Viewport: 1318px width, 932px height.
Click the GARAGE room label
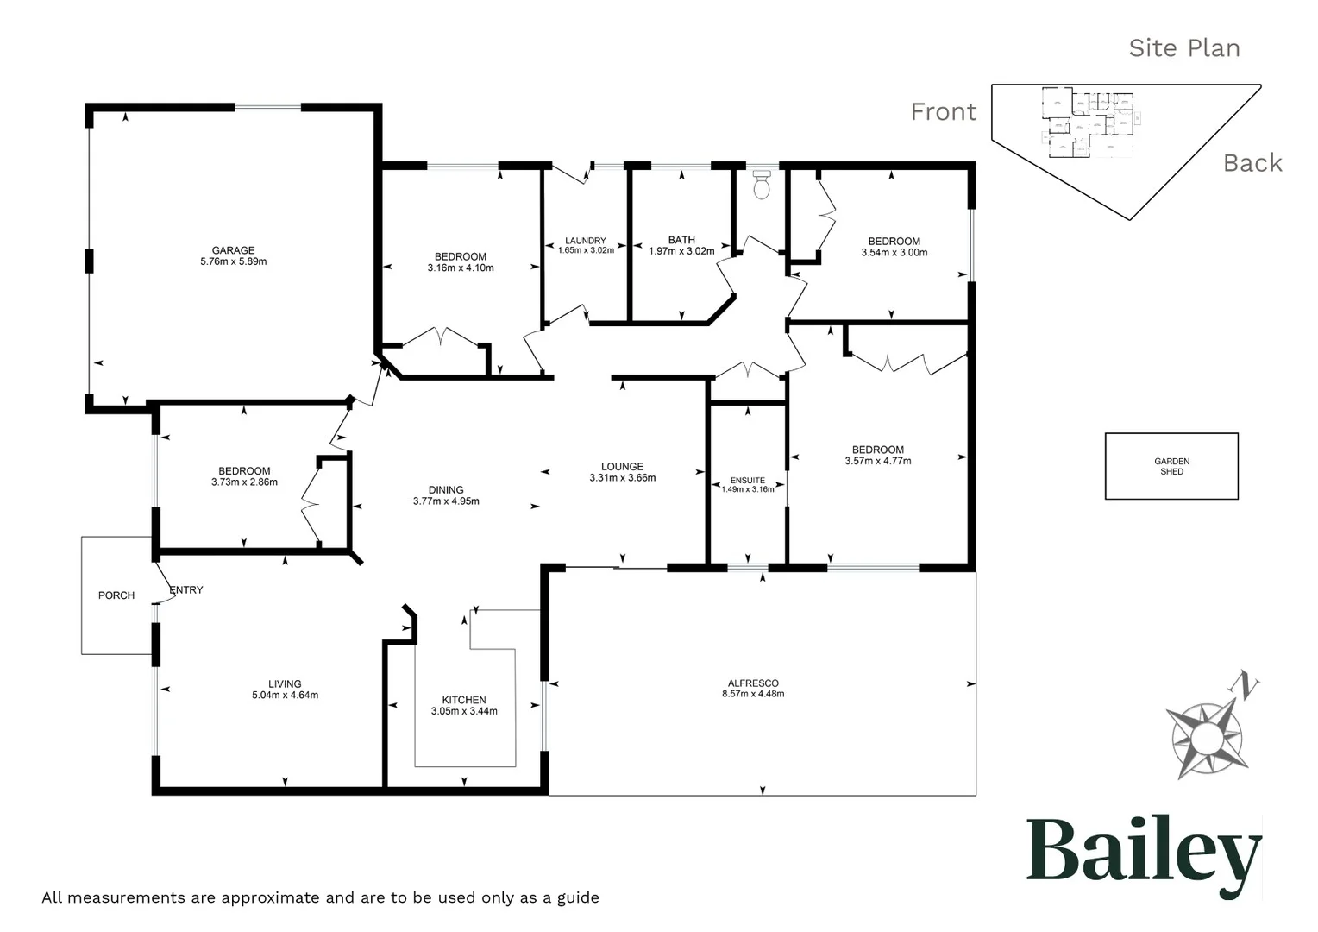pyautogui.click(x=233, y=250)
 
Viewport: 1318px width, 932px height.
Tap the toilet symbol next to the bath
pyautogui.click(x=761, y=186)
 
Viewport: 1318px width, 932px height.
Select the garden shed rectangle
pyautogui.click(x=1171, y=466)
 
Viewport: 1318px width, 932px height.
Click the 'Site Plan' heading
pyautogui.click(x=1183, y=48)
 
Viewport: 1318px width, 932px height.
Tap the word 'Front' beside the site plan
pyautogui.click(x=944, y=112)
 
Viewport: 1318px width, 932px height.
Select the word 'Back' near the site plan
pyautogui.click(x=1252, y=163)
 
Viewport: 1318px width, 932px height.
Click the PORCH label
pyautogui.click(x=116, y=595)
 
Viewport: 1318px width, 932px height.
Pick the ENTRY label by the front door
pyautogui.click(x=186, y=590)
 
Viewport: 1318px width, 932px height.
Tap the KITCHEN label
pyautogui.click(x=464, y=700)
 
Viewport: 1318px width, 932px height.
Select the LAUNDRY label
pyautogui.click(x=586, y=241)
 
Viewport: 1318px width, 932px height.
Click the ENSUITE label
pyautogui.click(x=747, y=481)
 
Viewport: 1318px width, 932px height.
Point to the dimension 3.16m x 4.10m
pyautogui.click(x=461, y=268)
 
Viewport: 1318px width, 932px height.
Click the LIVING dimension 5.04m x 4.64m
pyautogui.click(x=285, y=695)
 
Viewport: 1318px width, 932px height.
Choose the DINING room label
pyautogui.click(x=446, y=489)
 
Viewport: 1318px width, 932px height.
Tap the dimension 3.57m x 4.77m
pyautogui.click(x=878, y=461)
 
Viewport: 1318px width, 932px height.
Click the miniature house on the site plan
pyautogui.click(x=1089, y=123)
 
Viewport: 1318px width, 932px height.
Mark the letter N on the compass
pyautogui.click(x=1246, y=686)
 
